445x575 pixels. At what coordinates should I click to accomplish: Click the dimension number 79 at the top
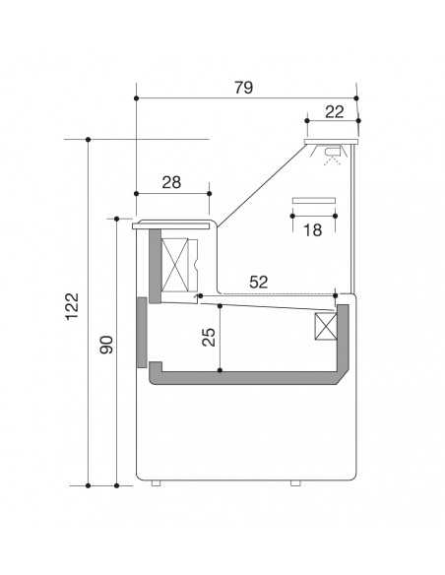[244, 88]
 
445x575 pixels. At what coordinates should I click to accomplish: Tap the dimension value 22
[334, 111]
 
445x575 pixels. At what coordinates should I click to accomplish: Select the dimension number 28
[171, 182]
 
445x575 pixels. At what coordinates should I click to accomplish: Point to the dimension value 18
[313, 230]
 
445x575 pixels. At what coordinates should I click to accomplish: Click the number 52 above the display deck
[259, 282]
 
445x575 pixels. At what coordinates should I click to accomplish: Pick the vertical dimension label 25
[208, 338]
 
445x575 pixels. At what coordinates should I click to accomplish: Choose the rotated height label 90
[107, 346]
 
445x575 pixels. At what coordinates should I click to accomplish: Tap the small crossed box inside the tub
[325, 328]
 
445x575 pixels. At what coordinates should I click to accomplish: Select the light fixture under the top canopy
[333, 152]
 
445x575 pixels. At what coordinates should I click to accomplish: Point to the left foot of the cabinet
[156, 483]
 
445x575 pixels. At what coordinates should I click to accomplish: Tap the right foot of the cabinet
[294, 483]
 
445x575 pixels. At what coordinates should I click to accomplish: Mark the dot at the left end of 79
[134, 98]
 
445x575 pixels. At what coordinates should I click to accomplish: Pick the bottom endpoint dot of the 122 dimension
[88, 485]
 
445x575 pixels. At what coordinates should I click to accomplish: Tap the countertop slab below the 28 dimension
[172, 224]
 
